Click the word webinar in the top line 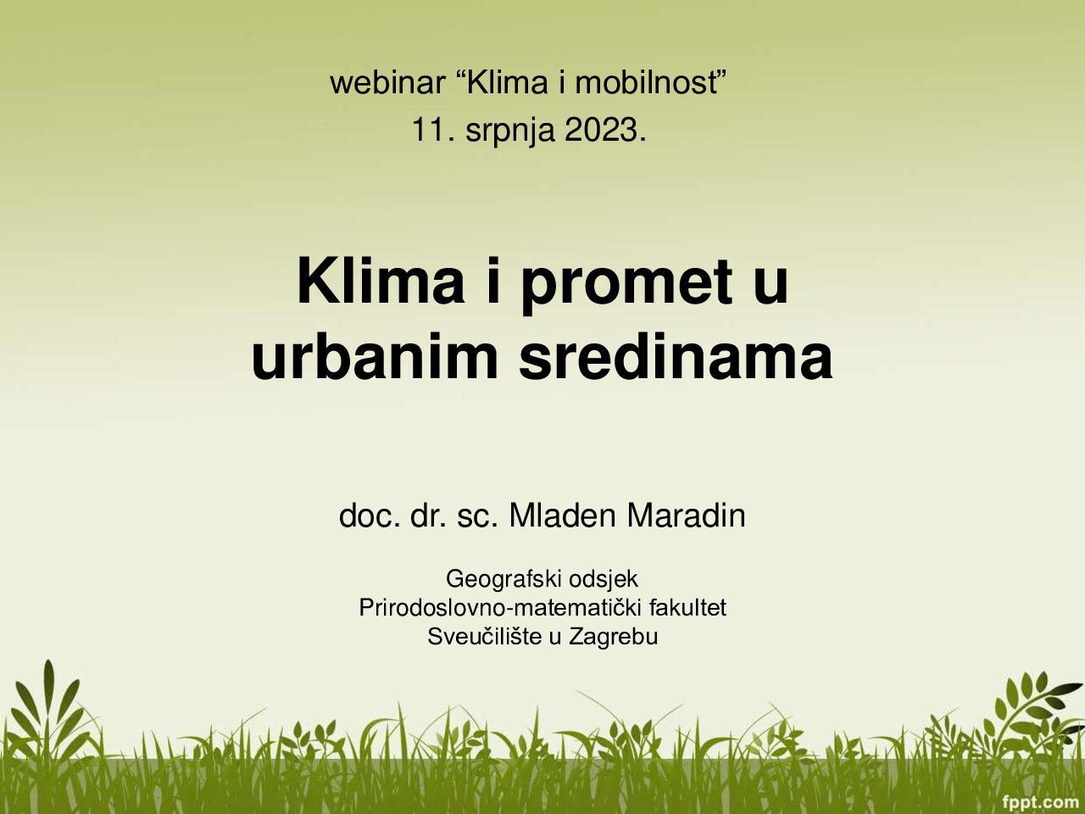pyautogui.click(x=387, y=82)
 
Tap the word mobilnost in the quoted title pyautogui.click(x=646, y=82)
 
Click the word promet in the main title pyautogui.click(x=625, y=287)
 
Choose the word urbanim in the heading pyautogui.click(x=375, y=356)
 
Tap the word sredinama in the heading pyautogui.click(x=676, y=356)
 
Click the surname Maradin pyautogui.click(x=686, y=516)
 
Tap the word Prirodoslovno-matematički pyautogui.click(x=500, y=607)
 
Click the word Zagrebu pyautogui.click(x=614, y=637)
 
